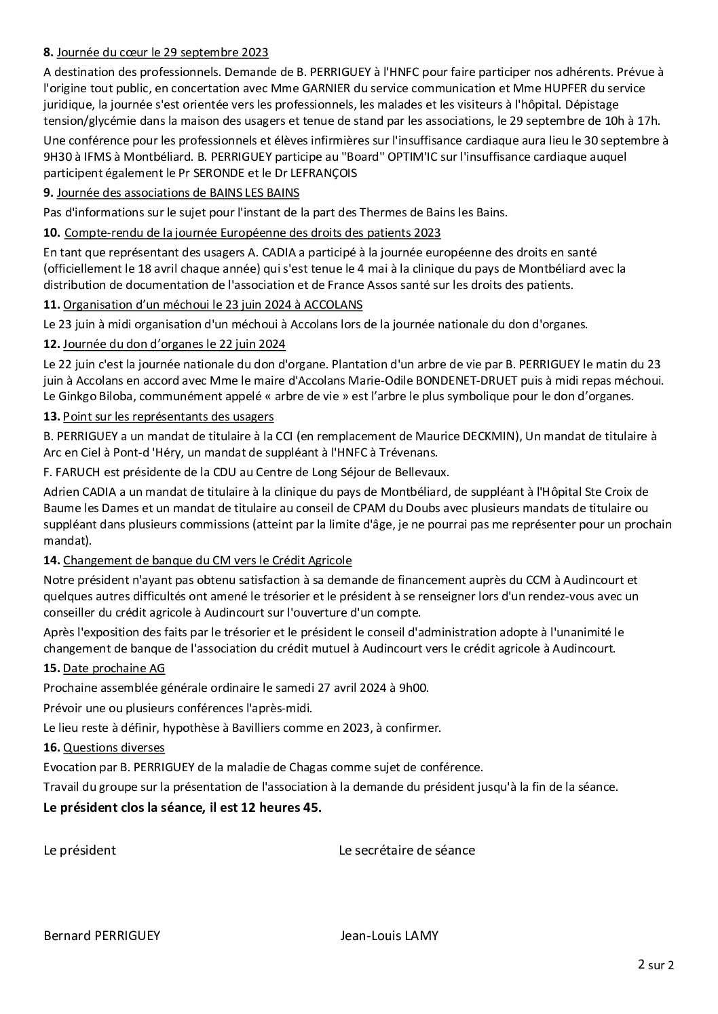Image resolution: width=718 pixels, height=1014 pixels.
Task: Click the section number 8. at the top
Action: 48,52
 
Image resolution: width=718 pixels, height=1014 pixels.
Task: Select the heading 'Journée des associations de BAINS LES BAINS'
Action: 178,193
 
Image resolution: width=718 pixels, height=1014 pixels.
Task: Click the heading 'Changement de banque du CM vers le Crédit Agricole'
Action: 207,560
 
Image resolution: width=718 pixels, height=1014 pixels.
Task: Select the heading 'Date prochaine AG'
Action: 114,668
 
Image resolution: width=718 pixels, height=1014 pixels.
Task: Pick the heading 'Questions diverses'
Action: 114,747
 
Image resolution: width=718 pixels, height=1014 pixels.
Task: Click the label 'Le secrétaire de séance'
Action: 407,850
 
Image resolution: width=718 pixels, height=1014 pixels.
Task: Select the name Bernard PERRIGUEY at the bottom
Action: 102,936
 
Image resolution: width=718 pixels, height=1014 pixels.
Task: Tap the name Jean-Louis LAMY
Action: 389,936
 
